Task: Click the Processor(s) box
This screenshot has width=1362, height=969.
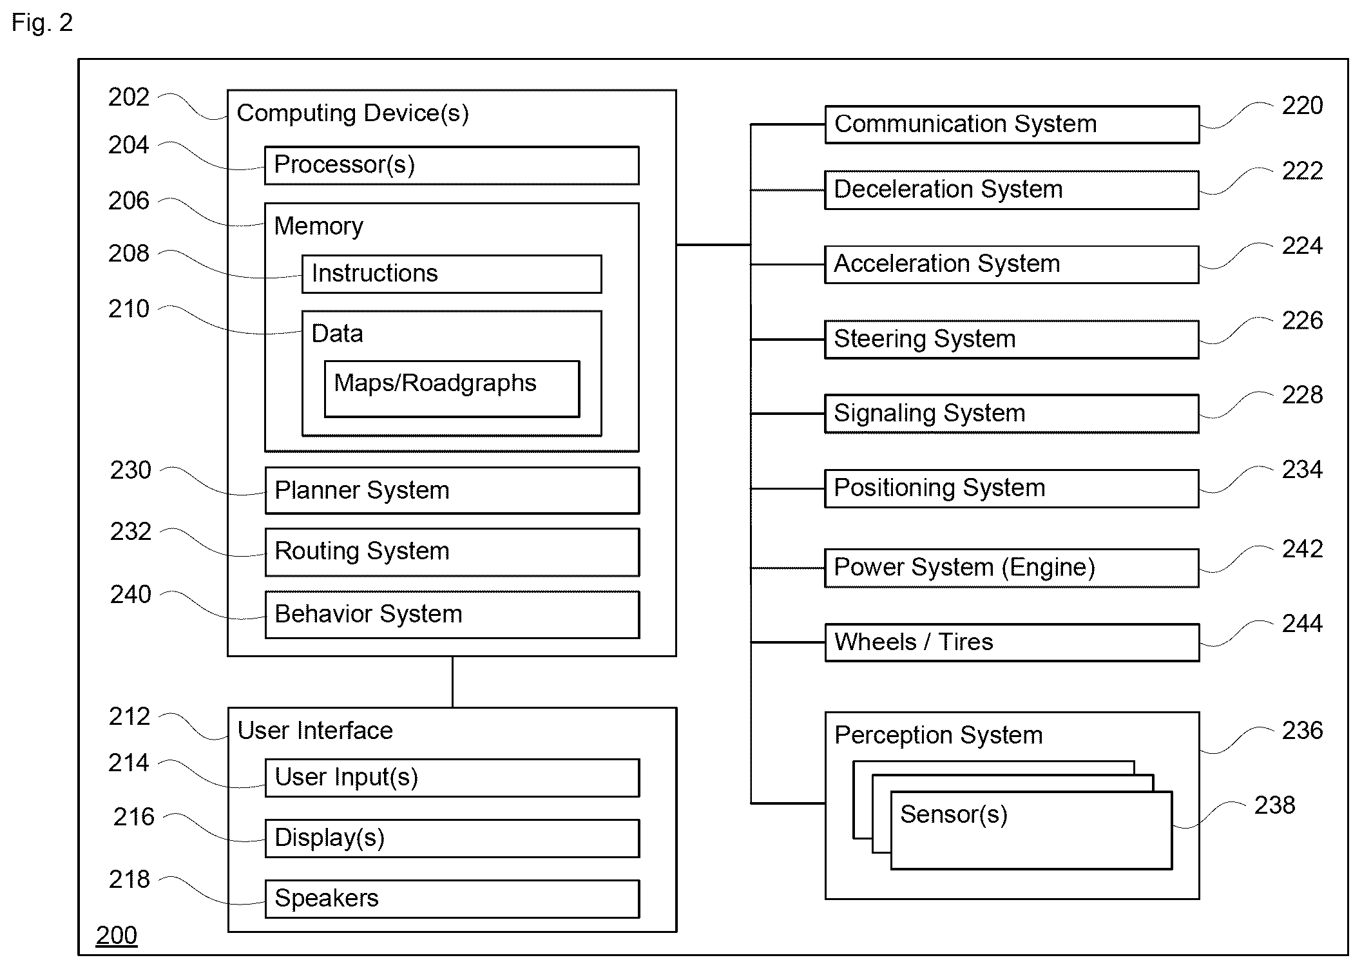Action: [452, 166]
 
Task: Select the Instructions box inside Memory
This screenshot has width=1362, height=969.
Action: [452, 274]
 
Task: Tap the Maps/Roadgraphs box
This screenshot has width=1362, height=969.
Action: [452, 389]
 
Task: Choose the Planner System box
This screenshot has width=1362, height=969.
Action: [452, 490]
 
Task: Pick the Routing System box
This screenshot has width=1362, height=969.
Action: [452, 552]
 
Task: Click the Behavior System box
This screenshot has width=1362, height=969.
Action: [452, 615]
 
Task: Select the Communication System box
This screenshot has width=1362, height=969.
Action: [1012, 124]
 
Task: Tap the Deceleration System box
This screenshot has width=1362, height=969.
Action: [1012, 190]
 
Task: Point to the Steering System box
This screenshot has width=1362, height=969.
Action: [1012, 340]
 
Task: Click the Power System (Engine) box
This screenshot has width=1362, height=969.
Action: [1012, 568]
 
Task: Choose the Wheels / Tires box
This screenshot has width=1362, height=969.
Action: [1012, 642]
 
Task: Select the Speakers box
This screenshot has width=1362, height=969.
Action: [452, 899]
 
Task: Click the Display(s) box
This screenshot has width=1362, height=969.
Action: [452, 838]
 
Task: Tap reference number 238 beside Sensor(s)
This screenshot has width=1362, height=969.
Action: [1274, 805]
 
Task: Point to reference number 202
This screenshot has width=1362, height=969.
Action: [129, 97]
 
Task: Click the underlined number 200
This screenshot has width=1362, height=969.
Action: [117, 935]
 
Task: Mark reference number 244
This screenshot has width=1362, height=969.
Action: [1302, 624]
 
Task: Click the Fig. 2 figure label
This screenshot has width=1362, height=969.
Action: [42, 23]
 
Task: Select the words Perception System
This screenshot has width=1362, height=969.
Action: [938, 735]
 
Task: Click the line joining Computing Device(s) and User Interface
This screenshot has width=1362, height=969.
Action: [452, 682]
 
